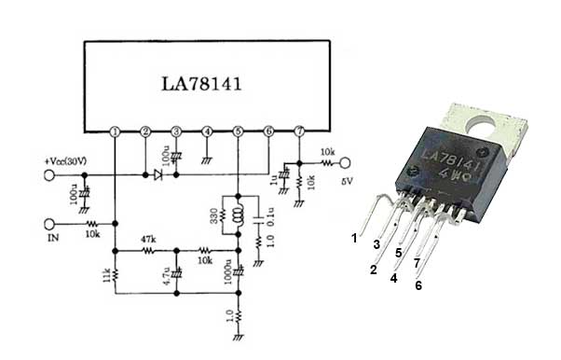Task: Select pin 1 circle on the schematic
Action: click(x=115, y=132)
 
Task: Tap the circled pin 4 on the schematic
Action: click(x=207, y=132)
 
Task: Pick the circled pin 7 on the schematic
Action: click(x=298, y=132)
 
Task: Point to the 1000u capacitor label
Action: click(x=228, y=271)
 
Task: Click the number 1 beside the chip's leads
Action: click(x=354, y=238)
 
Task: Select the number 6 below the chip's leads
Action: click(x=418, y=285)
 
